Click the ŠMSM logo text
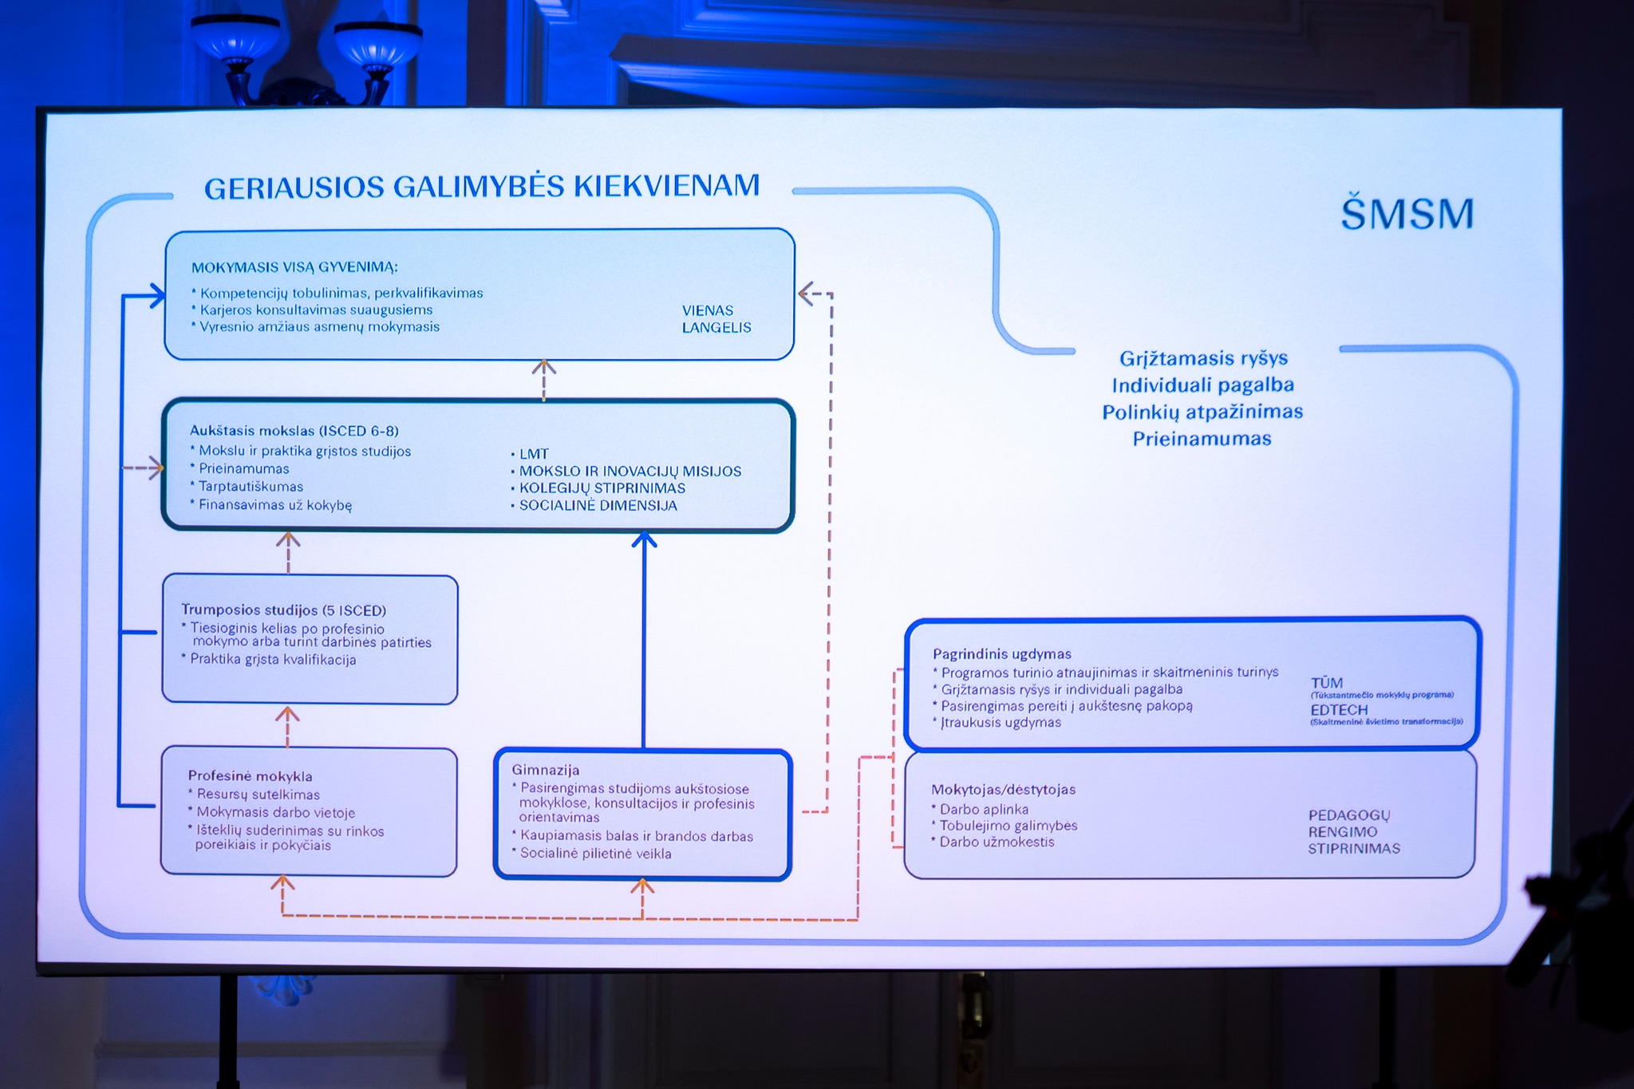click(1407, 214)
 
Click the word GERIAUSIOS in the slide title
click(294, 188)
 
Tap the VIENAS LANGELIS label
click(716, 319)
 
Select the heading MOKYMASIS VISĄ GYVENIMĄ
click(294, 267)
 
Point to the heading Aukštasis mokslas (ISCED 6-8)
click(294, 431)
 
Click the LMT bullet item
click(533, 454)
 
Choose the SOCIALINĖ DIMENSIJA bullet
click(598, 506)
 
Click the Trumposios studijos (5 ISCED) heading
click(283, 610)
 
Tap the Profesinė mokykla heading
click(250, 776)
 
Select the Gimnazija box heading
click(546, 770)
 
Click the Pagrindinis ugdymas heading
click(1001, 654)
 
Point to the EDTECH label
click(1339, 709)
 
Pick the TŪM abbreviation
click(1326, 683)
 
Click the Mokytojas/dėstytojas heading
click(1003, 790)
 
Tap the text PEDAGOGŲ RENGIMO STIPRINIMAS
click(1353, 832)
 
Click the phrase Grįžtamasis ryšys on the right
click(1203, 358)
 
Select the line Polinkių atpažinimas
click(1202, 412)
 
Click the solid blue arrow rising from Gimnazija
click(644, 638)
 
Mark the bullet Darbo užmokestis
click(997, 842)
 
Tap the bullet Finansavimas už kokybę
click(274, 505)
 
